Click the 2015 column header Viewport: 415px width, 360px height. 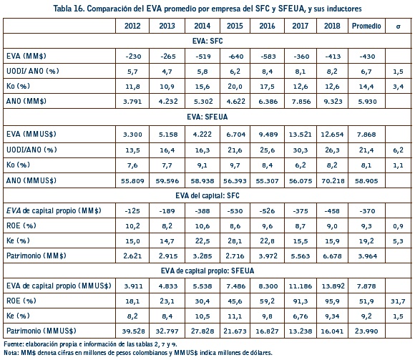click(x=235, y=26)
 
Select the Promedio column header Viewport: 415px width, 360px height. click(x=366, y=26)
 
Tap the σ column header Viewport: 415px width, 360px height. click(x=398, y=26)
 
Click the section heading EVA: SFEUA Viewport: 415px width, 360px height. click(x=207, y=117)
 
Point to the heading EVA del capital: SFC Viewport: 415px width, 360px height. click(x=207, y=195)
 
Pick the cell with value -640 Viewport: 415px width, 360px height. click(x=235, y=57)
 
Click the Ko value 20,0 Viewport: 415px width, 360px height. click(x=235, y=87)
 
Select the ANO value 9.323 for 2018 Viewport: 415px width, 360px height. click(x=333, y=102)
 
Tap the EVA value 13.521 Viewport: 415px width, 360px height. click(x=300, y=135)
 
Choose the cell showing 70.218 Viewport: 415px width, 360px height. click(x=333, y=181)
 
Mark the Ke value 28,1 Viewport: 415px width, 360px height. click(x=235, y=241)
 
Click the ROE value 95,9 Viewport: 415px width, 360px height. click(x=332, y=301)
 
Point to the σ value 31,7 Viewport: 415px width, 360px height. click(x=398, y=301)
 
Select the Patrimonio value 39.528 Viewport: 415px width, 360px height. click(x=133, y=331)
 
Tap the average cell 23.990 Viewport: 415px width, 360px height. click(x=366, y=331)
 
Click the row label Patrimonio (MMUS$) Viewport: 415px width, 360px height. click(x=41, y=331)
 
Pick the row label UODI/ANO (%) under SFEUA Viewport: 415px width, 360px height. click(x=31, y=150)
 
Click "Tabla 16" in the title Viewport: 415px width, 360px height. click(x=69, y=9)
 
